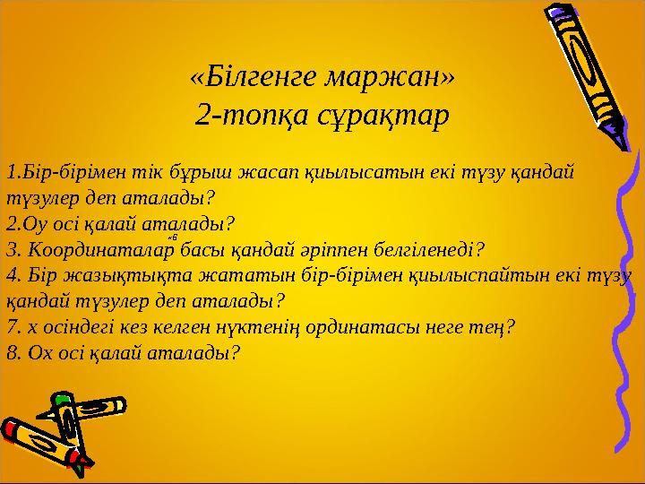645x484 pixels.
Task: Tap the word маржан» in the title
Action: click(x=389, y=78)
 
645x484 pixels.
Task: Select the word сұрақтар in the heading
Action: click(x=383, y=116)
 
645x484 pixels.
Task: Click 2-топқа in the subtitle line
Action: click(x=252, y=116)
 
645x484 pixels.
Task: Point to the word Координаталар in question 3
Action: click(x=101, y=250)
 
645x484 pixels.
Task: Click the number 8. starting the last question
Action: click(x=13, y=353)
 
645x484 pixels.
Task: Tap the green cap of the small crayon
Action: click(x=62, y=398)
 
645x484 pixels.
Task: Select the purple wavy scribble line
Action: click(x=625, y=300)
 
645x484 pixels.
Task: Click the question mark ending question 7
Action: click(x=510, y=327)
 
